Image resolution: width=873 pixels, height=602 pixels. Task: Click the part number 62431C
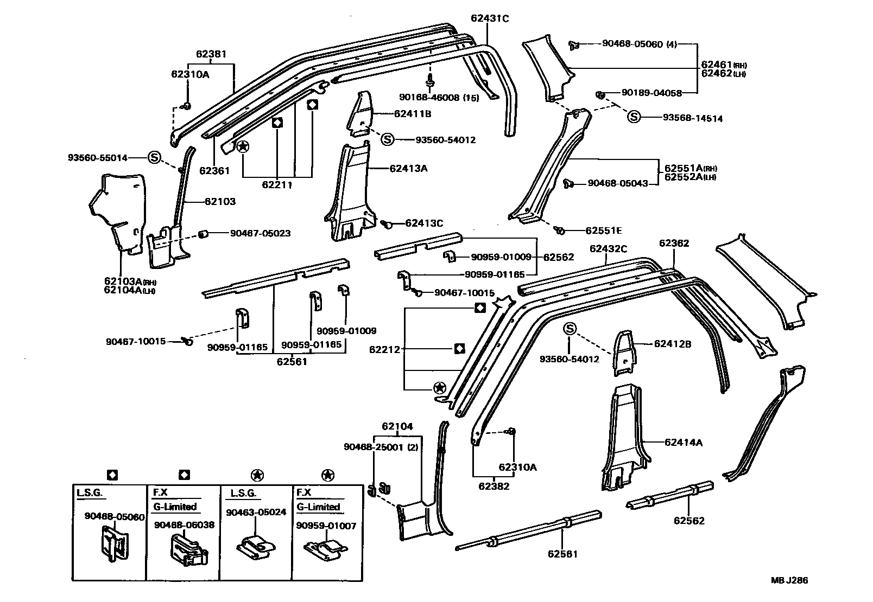[490, 18]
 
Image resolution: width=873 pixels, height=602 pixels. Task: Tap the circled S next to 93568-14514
[634, 117]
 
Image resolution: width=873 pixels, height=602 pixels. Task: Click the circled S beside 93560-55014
[154, 158]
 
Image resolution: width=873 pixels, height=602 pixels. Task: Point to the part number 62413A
[408, 168]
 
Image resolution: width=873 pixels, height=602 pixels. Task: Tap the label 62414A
[683, 442]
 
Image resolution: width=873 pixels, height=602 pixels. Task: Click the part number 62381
[211, 54]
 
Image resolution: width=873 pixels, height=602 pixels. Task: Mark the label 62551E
[603, 230]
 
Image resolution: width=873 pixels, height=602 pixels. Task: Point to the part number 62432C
[608, 249]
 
